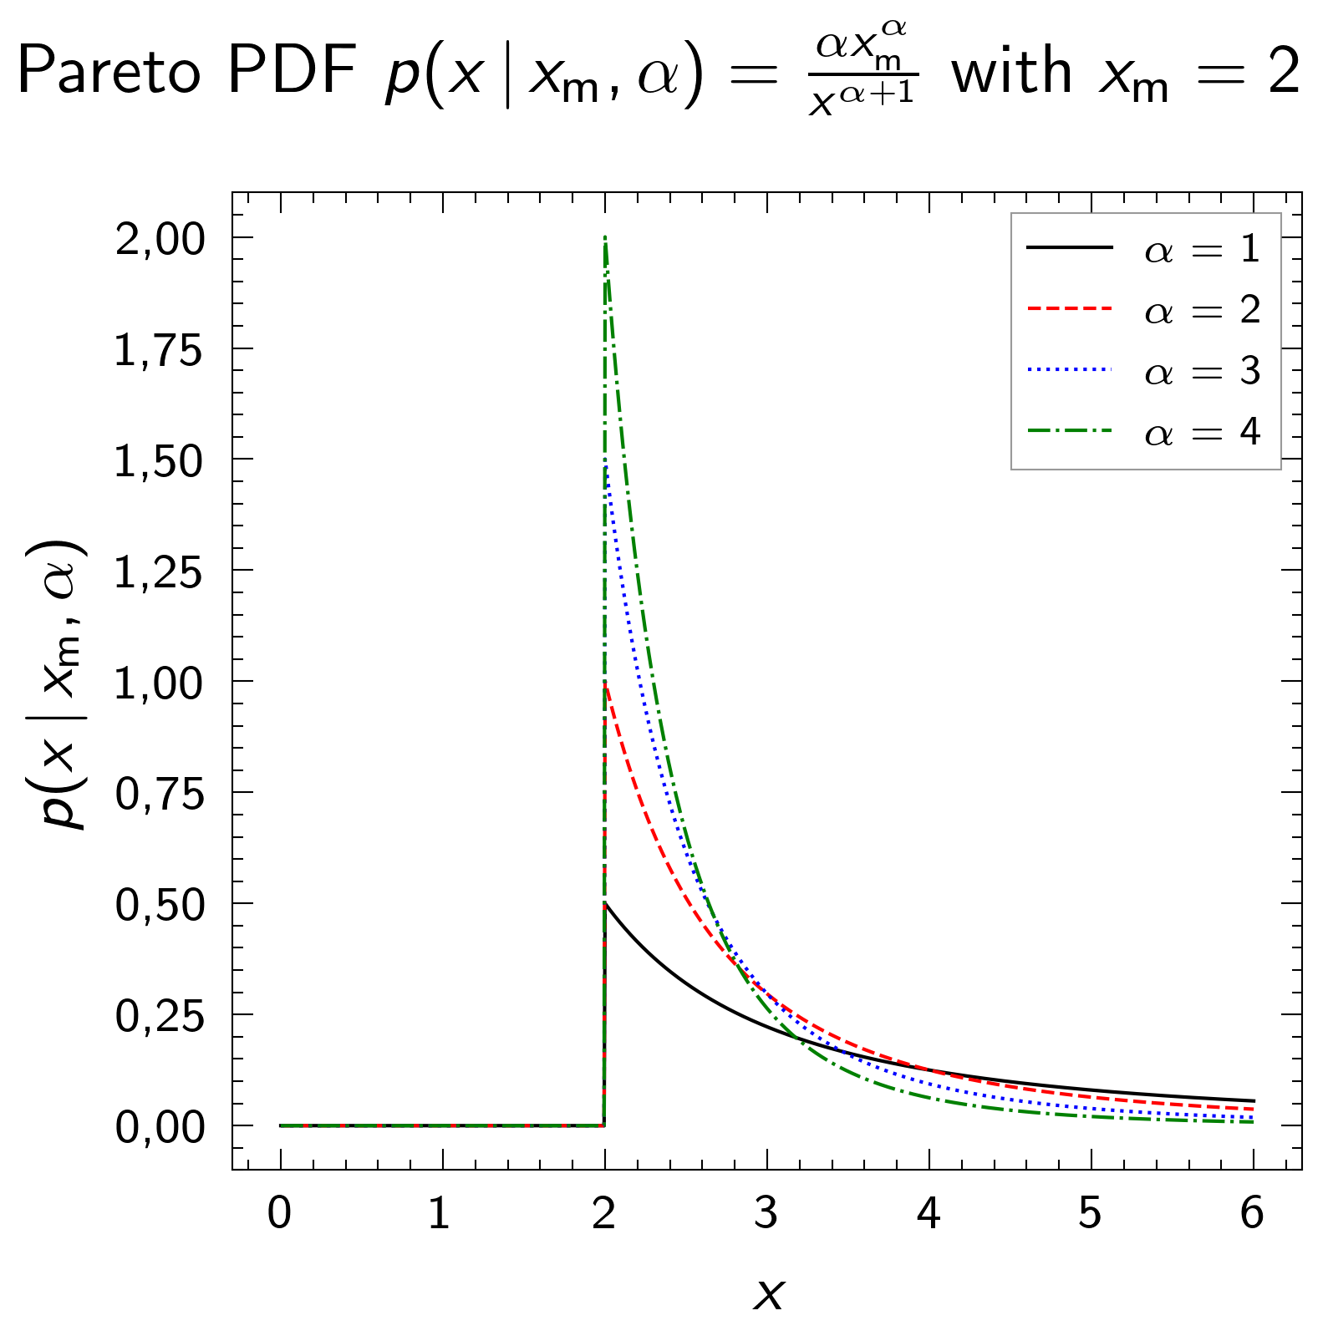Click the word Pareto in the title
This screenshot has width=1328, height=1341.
click(x=109, y=72)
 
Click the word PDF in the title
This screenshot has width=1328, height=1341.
click(x=292, y=72)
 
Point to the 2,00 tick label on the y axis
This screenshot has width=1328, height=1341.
click(x=159, y=241)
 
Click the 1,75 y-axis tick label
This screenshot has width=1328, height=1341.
click(x=159, y=352)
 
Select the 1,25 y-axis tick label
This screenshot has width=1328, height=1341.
click(x=159, y=574)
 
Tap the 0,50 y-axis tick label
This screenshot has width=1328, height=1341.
click(x=159, y=906)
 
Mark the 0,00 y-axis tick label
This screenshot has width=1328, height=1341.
click(x=159, y=1128)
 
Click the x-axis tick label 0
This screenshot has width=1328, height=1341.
click(x=280, y=1213)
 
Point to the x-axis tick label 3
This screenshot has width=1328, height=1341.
click(x=766, y=1213)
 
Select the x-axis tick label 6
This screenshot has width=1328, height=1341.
click(x=1252, y=1213)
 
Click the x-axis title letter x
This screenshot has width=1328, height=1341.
click(x=769, y=1294)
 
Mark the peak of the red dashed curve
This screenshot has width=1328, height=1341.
click(x=605, y=683)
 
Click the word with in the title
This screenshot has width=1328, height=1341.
click(x=1011, y=72)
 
